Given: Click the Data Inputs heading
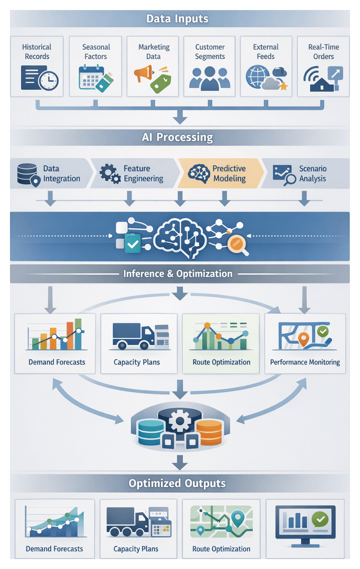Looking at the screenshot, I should (x=177, y=19).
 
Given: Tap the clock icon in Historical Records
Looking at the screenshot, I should (x=50, y=80).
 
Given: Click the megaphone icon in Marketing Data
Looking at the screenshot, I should (x=142, y=74).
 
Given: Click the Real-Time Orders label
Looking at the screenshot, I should (x=323, y=51).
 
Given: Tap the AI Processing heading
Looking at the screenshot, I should (x=177, y=137).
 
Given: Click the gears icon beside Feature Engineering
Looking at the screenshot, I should (x=110, y=174).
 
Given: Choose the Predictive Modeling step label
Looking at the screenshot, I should (x=229, y=174).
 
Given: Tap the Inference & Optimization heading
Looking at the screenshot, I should (x=178, y=274).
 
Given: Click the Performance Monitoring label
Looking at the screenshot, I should (x=305, y=362).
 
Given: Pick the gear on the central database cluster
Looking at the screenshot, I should (x=180, y=422).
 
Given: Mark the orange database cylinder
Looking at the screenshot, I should (x=208, y=431).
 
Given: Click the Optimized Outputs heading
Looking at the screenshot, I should (x=177, y=483).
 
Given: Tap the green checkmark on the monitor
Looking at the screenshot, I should (x=320, y=519).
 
